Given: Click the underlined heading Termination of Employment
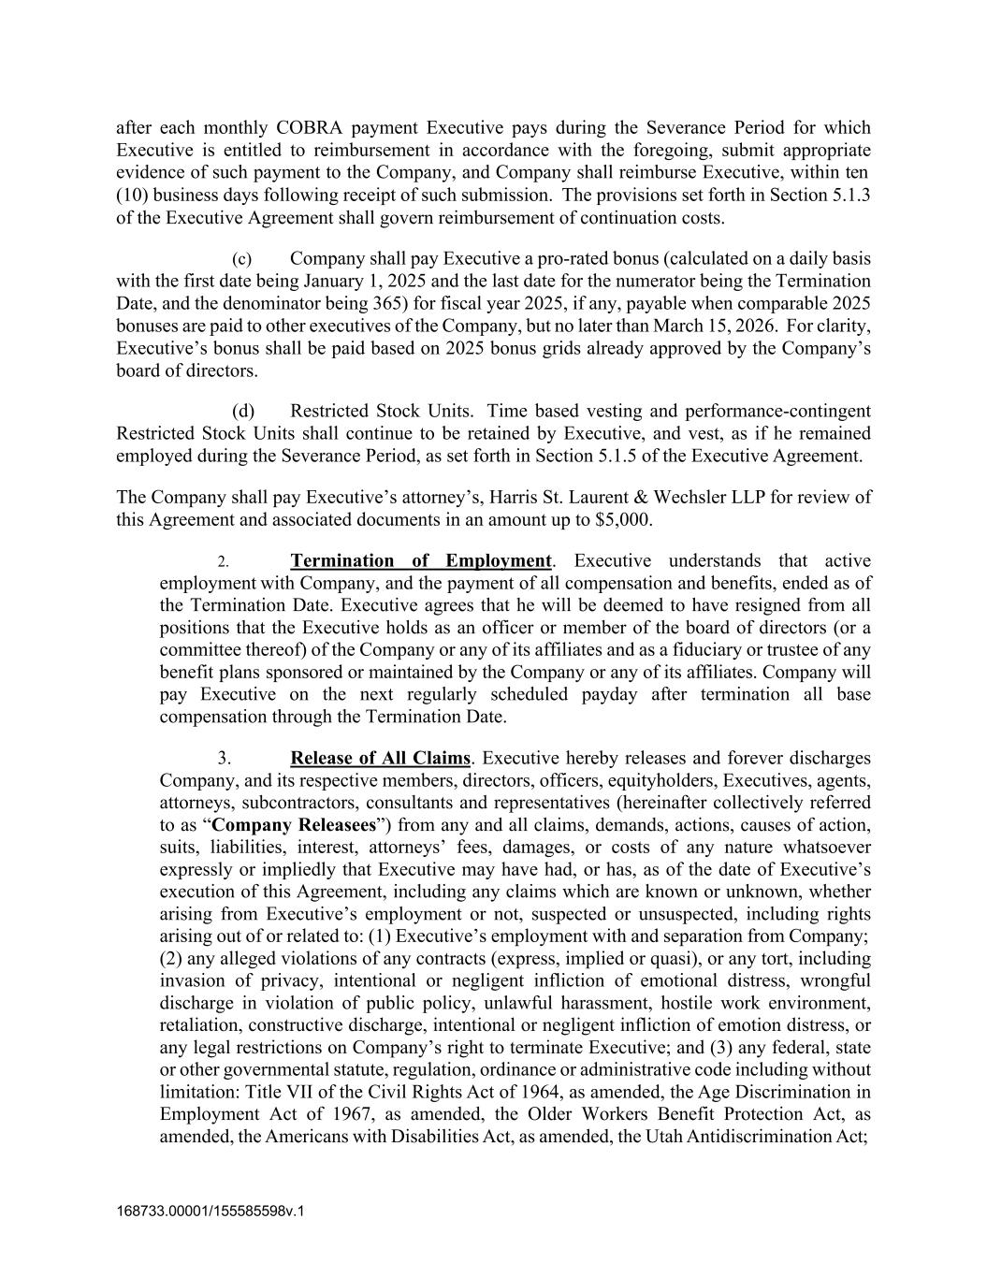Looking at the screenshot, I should tap(420, 560).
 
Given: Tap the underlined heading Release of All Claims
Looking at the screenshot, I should tap(380, 758).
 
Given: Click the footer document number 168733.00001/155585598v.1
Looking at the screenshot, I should tap(210, 1211).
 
